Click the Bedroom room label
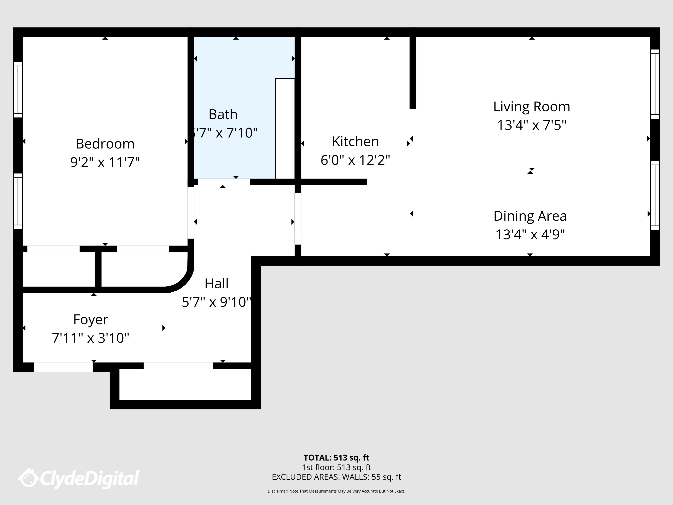(105, 144)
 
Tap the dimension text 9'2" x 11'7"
(105, 162)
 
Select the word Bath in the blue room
(223, 114)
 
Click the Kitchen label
(355, 141)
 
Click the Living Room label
(532, 107)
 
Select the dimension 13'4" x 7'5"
(532, 125)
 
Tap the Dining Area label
(530, 216)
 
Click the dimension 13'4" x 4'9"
(530, 235)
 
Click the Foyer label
(91, 320)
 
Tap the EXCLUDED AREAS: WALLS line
(336, 477)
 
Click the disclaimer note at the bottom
(336, 491)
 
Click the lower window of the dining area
(655, 195)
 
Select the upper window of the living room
(655, 84)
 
